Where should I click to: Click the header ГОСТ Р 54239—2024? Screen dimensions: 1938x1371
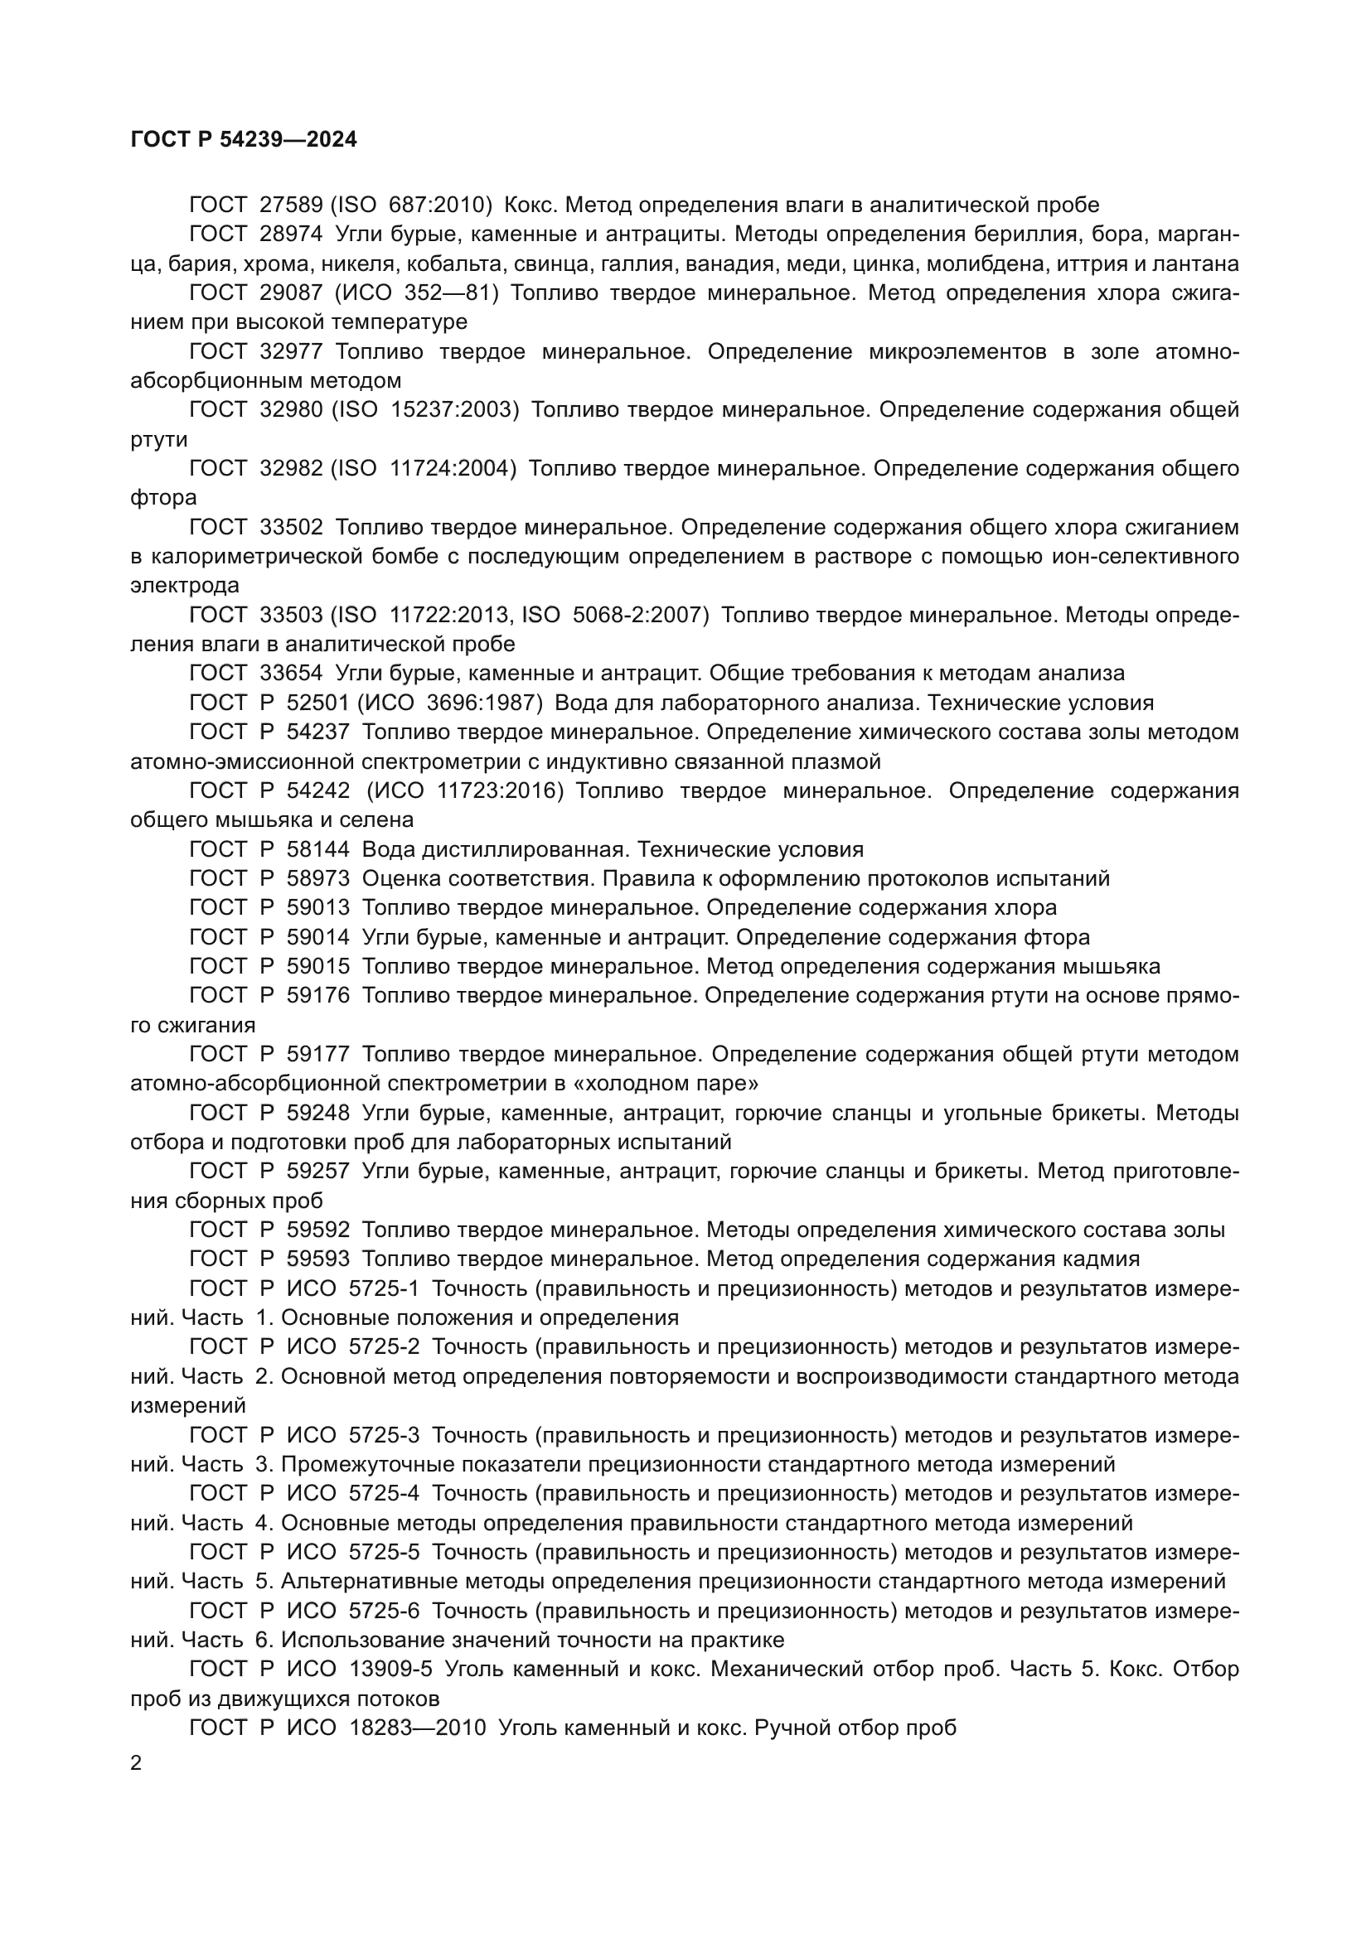click(244, 140)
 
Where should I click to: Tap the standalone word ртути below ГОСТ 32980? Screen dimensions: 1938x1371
click(159, 440)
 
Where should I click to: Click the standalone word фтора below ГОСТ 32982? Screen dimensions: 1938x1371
click(164, 498)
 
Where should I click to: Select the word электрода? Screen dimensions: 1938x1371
click(185, 586)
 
